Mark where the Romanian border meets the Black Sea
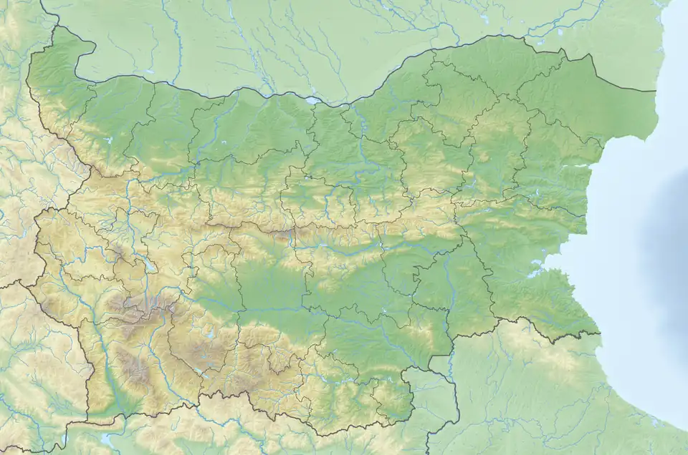pyautogui.click(x=656, y=91)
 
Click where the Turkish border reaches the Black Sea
pyautogui.click(x=599, y=333)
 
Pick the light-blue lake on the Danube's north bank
pyautogui.click(x=311, y=101)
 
